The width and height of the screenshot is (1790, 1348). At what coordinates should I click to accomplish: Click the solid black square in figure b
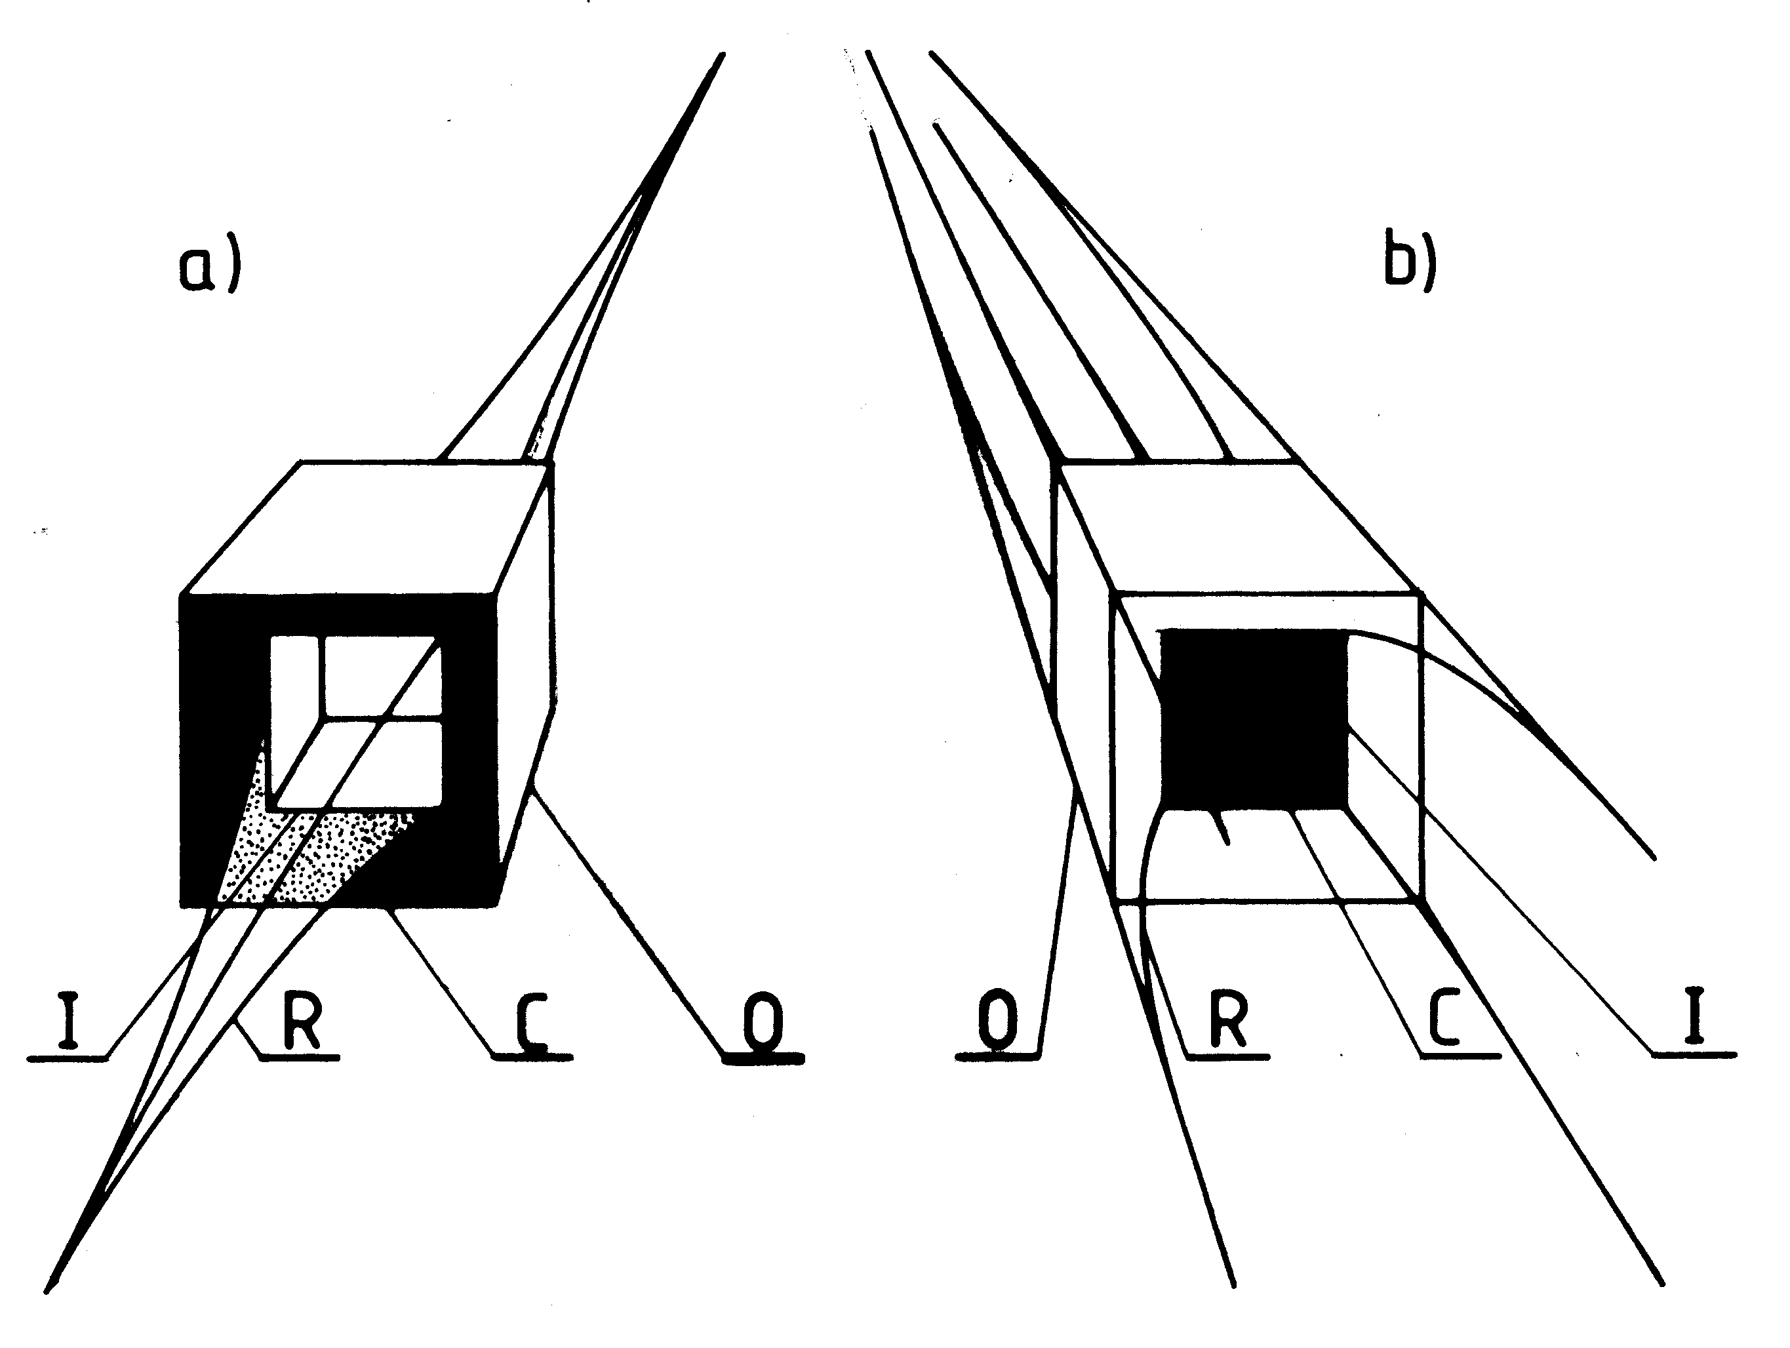[x=1254, y=720]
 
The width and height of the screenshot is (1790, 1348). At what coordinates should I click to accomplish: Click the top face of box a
[x=364, y=526]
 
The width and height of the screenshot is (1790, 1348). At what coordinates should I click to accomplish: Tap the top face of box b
[x=1238, y=526]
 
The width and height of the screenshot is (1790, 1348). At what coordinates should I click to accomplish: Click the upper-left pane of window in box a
[x=296, y=680]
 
